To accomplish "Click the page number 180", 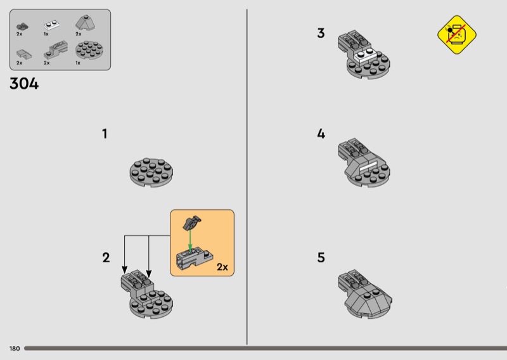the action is pyautogui.click(x=15, y=349).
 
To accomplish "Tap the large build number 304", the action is pyautogui.click(x=24, y=84).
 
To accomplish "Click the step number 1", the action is pyautogui.click(x=105, y=134).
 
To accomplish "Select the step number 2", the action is pyautogui.click(x=106, y=258).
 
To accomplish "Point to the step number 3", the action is pyautogui.click(x=321, y=34).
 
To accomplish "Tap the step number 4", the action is pyautogui.click(x=321, y=134).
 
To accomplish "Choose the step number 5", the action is pyautogui.click(x=321, y=258).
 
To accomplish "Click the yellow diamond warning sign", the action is pyautogui.click(x=456, y=35).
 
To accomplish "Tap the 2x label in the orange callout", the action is pyautogui.click(x=222, y=267).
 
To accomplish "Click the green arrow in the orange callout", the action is pyautogui.click(x=190, y=240).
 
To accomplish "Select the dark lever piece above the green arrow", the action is pyautogui.click(x=192, y=223).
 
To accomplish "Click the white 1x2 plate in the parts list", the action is pyautogui.click(x=51, y=25).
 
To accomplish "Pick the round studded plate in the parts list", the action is pyautogui.click(x=89, y=50).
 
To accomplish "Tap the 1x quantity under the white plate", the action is pyautogui.click(x=46, y=34).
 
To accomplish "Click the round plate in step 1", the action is pyautogui.click(x=151, y=173).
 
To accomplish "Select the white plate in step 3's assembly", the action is pyautogui.click(x=366, y=55).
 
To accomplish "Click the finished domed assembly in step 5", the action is pyautogui.click(x=365, y=293).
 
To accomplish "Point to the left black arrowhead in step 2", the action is pyautogui.click(x=124, y=269).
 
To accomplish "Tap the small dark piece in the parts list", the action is pyautogui.click(x=22, y=27).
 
